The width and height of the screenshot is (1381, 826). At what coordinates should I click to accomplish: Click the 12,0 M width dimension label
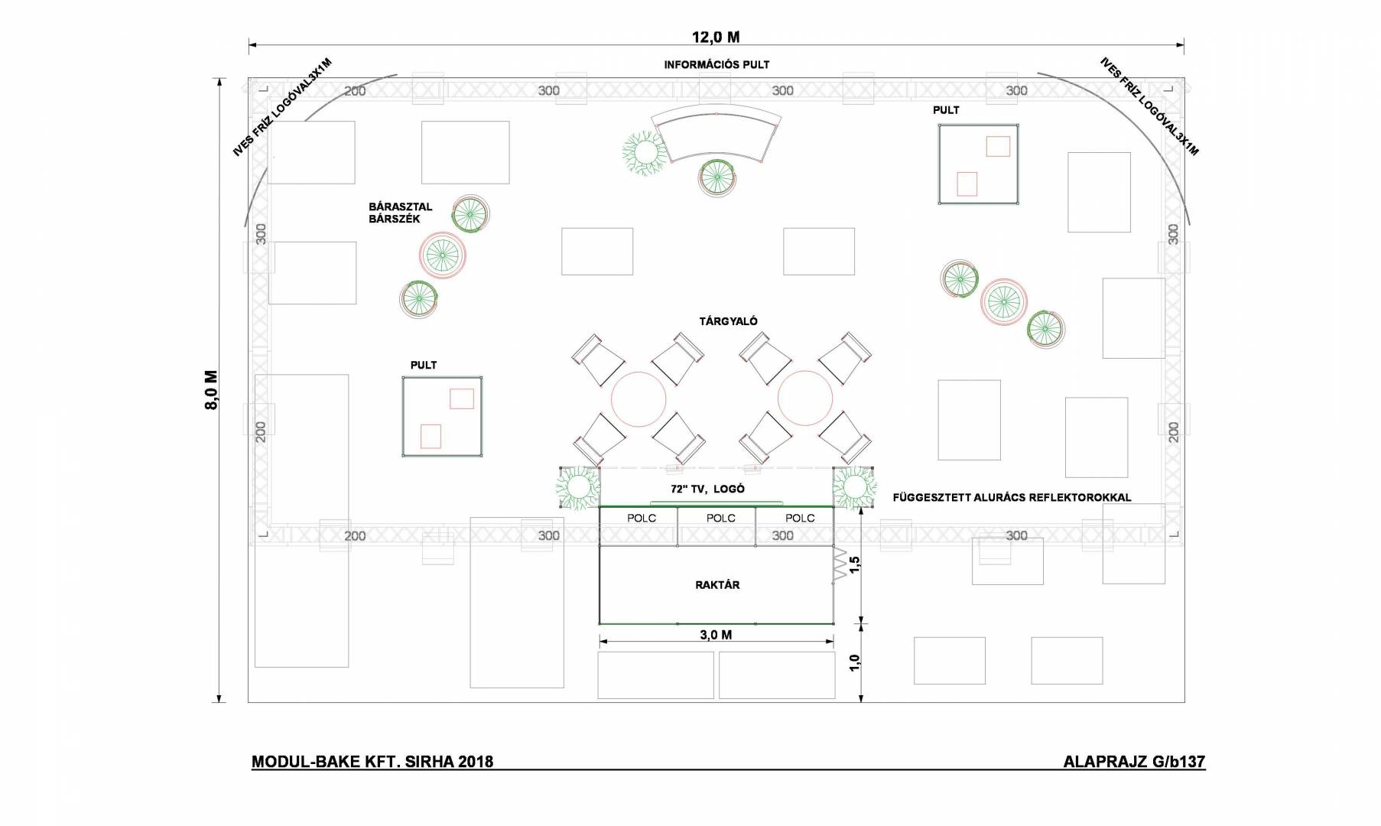coord(716,37)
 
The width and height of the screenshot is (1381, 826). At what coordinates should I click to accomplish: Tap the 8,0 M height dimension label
coord(211,390)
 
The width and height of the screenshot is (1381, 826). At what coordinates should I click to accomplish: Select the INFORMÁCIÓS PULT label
coord(716,65)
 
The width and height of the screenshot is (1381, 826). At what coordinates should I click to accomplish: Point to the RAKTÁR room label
coord(717,585)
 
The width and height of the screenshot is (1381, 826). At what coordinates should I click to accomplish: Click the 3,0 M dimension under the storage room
coord(716,635)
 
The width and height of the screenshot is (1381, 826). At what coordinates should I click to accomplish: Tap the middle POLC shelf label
coord(720,518)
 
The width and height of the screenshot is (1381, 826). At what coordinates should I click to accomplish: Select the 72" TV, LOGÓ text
coord(707,489)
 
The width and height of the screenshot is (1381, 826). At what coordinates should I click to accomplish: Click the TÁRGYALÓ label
coord(728,321)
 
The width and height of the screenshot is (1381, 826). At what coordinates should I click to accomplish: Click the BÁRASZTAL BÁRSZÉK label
coord(400,213)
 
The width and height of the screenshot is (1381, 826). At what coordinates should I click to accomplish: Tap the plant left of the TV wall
coord(577,487)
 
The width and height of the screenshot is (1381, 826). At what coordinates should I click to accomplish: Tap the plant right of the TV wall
coord(854,487)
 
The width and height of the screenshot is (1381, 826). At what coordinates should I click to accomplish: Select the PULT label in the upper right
coord(946,110)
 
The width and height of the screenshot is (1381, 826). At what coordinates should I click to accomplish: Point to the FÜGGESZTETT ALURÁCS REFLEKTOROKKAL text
coord(1012,498)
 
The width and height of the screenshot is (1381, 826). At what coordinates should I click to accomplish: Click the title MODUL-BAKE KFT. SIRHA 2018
coord(372,762)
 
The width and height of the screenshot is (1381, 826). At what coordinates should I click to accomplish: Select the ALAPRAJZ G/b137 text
coord(1134,762)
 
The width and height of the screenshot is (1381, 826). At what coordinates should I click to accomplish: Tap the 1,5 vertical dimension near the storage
coord(855,564)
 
